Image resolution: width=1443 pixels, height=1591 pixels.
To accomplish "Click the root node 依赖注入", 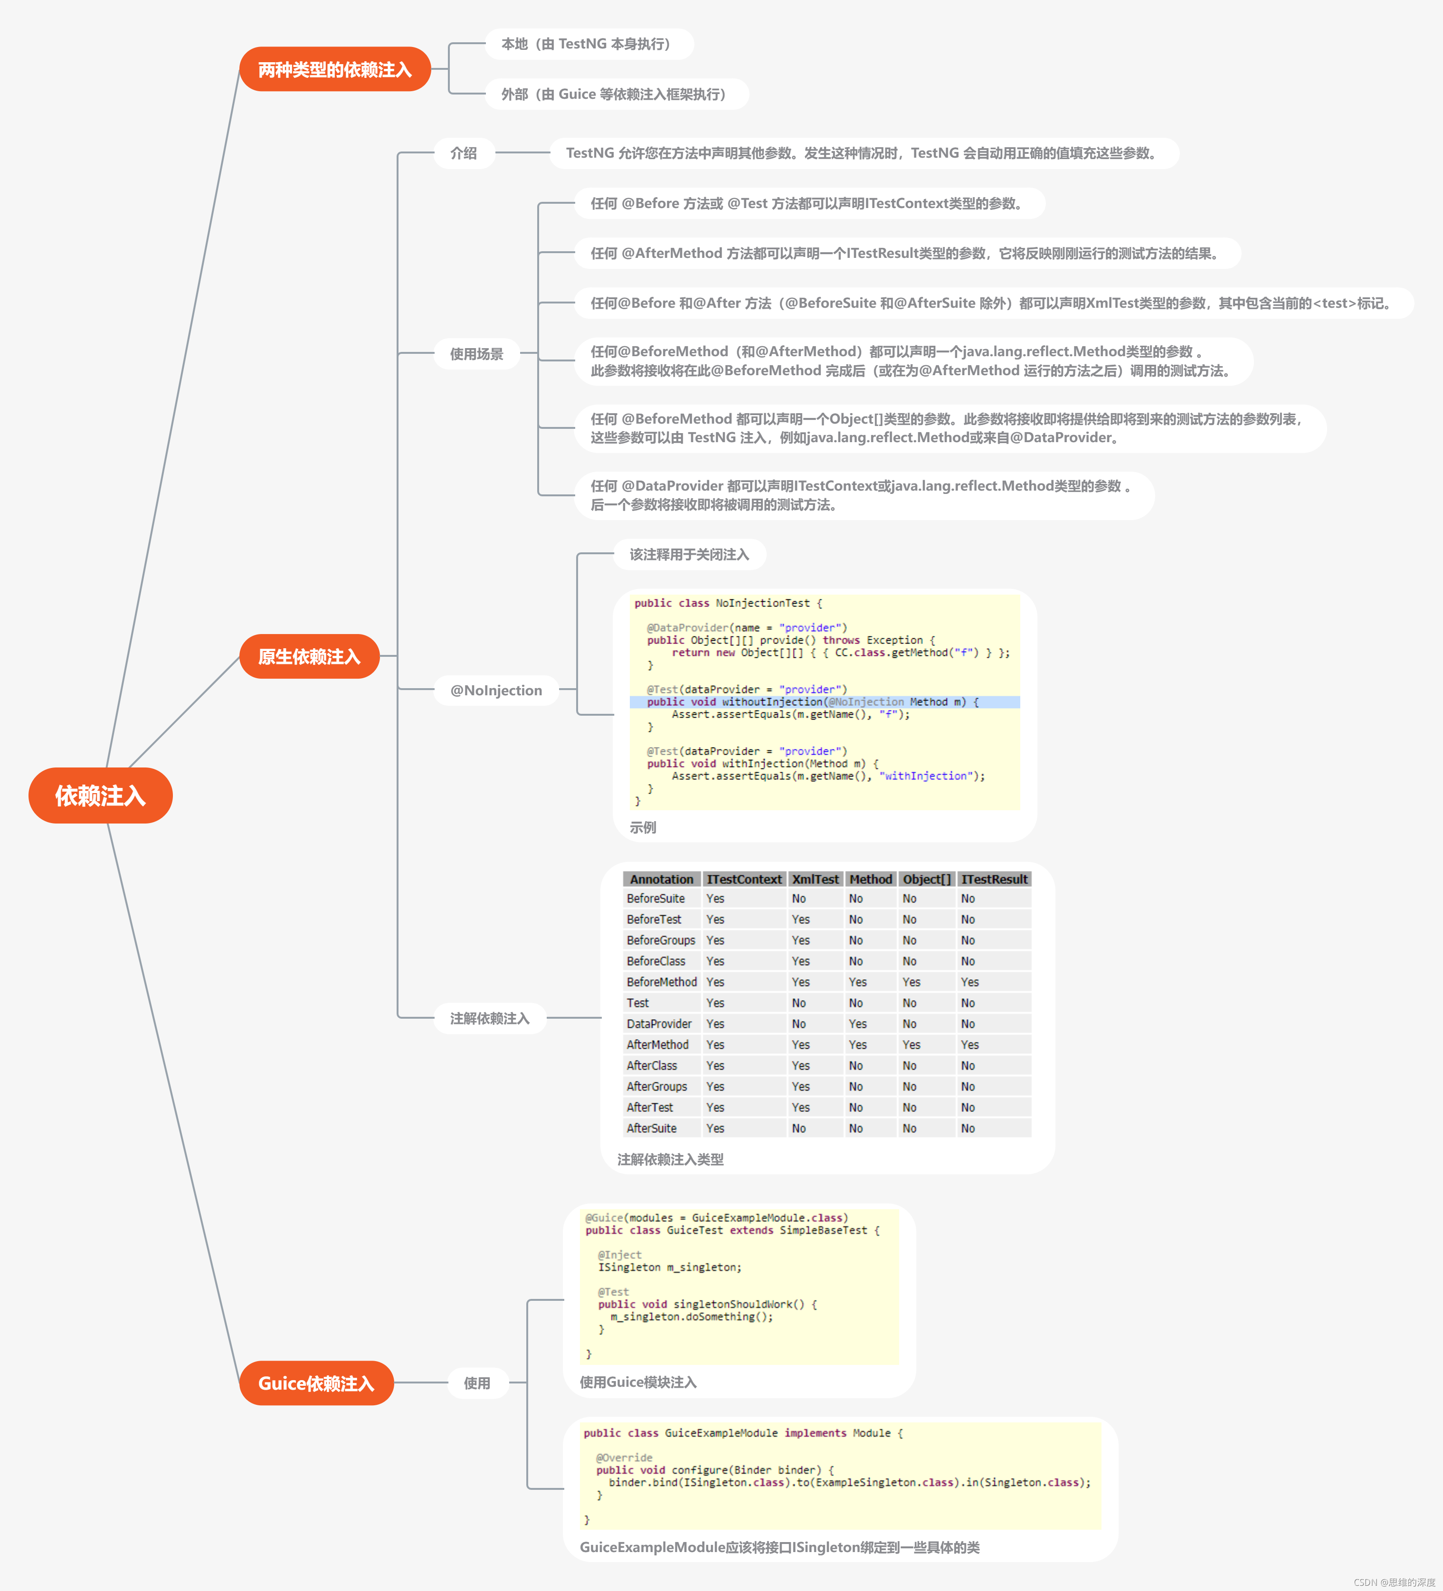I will pyautogui.click(x=100, y=795).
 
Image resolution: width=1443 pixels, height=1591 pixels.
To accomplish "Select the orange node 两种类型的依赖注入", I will pyautogui.click(x=335, y=69).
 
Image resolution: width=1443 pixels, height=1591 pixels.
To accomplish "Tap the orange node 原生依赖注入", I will pyautogui.click(x=309, y=657).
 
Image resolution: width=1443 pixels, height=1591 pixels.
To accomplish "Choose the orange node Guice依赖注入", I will pyautogui.click(x=316, y=1383).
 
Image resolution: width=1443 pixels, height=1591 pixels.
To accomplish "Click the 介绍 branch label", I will pyautogui.click(x=464, y=153).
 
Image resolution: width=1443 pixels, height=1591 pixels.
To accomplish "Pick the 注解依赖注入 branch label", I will pyautogui.click(x=489, y=1018).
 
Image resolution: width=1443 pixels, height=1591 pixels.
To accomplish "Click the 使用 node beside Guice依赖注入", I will pyautogui.click(x=477, y=1383).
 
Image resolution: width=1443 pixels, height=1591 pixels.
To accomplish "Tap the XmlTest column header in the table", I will pyautogui.click(x=816, y=879).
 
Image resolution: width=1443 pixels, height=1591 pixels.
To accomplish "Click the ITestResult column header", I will pyautogui.click(x=994, y=879).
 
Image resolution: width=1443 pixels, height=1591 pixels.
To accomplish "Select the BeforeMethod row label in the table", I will pyautogui.click(x=662, y=982).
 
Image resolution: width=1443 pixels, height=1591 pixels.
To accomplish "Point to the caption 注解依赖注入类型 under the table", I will pyautogui.click(x=670, y=1159).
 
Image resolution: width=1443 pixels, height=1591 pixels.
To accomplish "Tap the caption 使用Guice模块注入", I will pyautogui.click(x=638, y=1382).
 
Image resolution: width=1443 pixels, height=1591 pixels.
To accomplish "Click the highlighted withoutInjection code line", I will pyautogui.click(x=813, y=701).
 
